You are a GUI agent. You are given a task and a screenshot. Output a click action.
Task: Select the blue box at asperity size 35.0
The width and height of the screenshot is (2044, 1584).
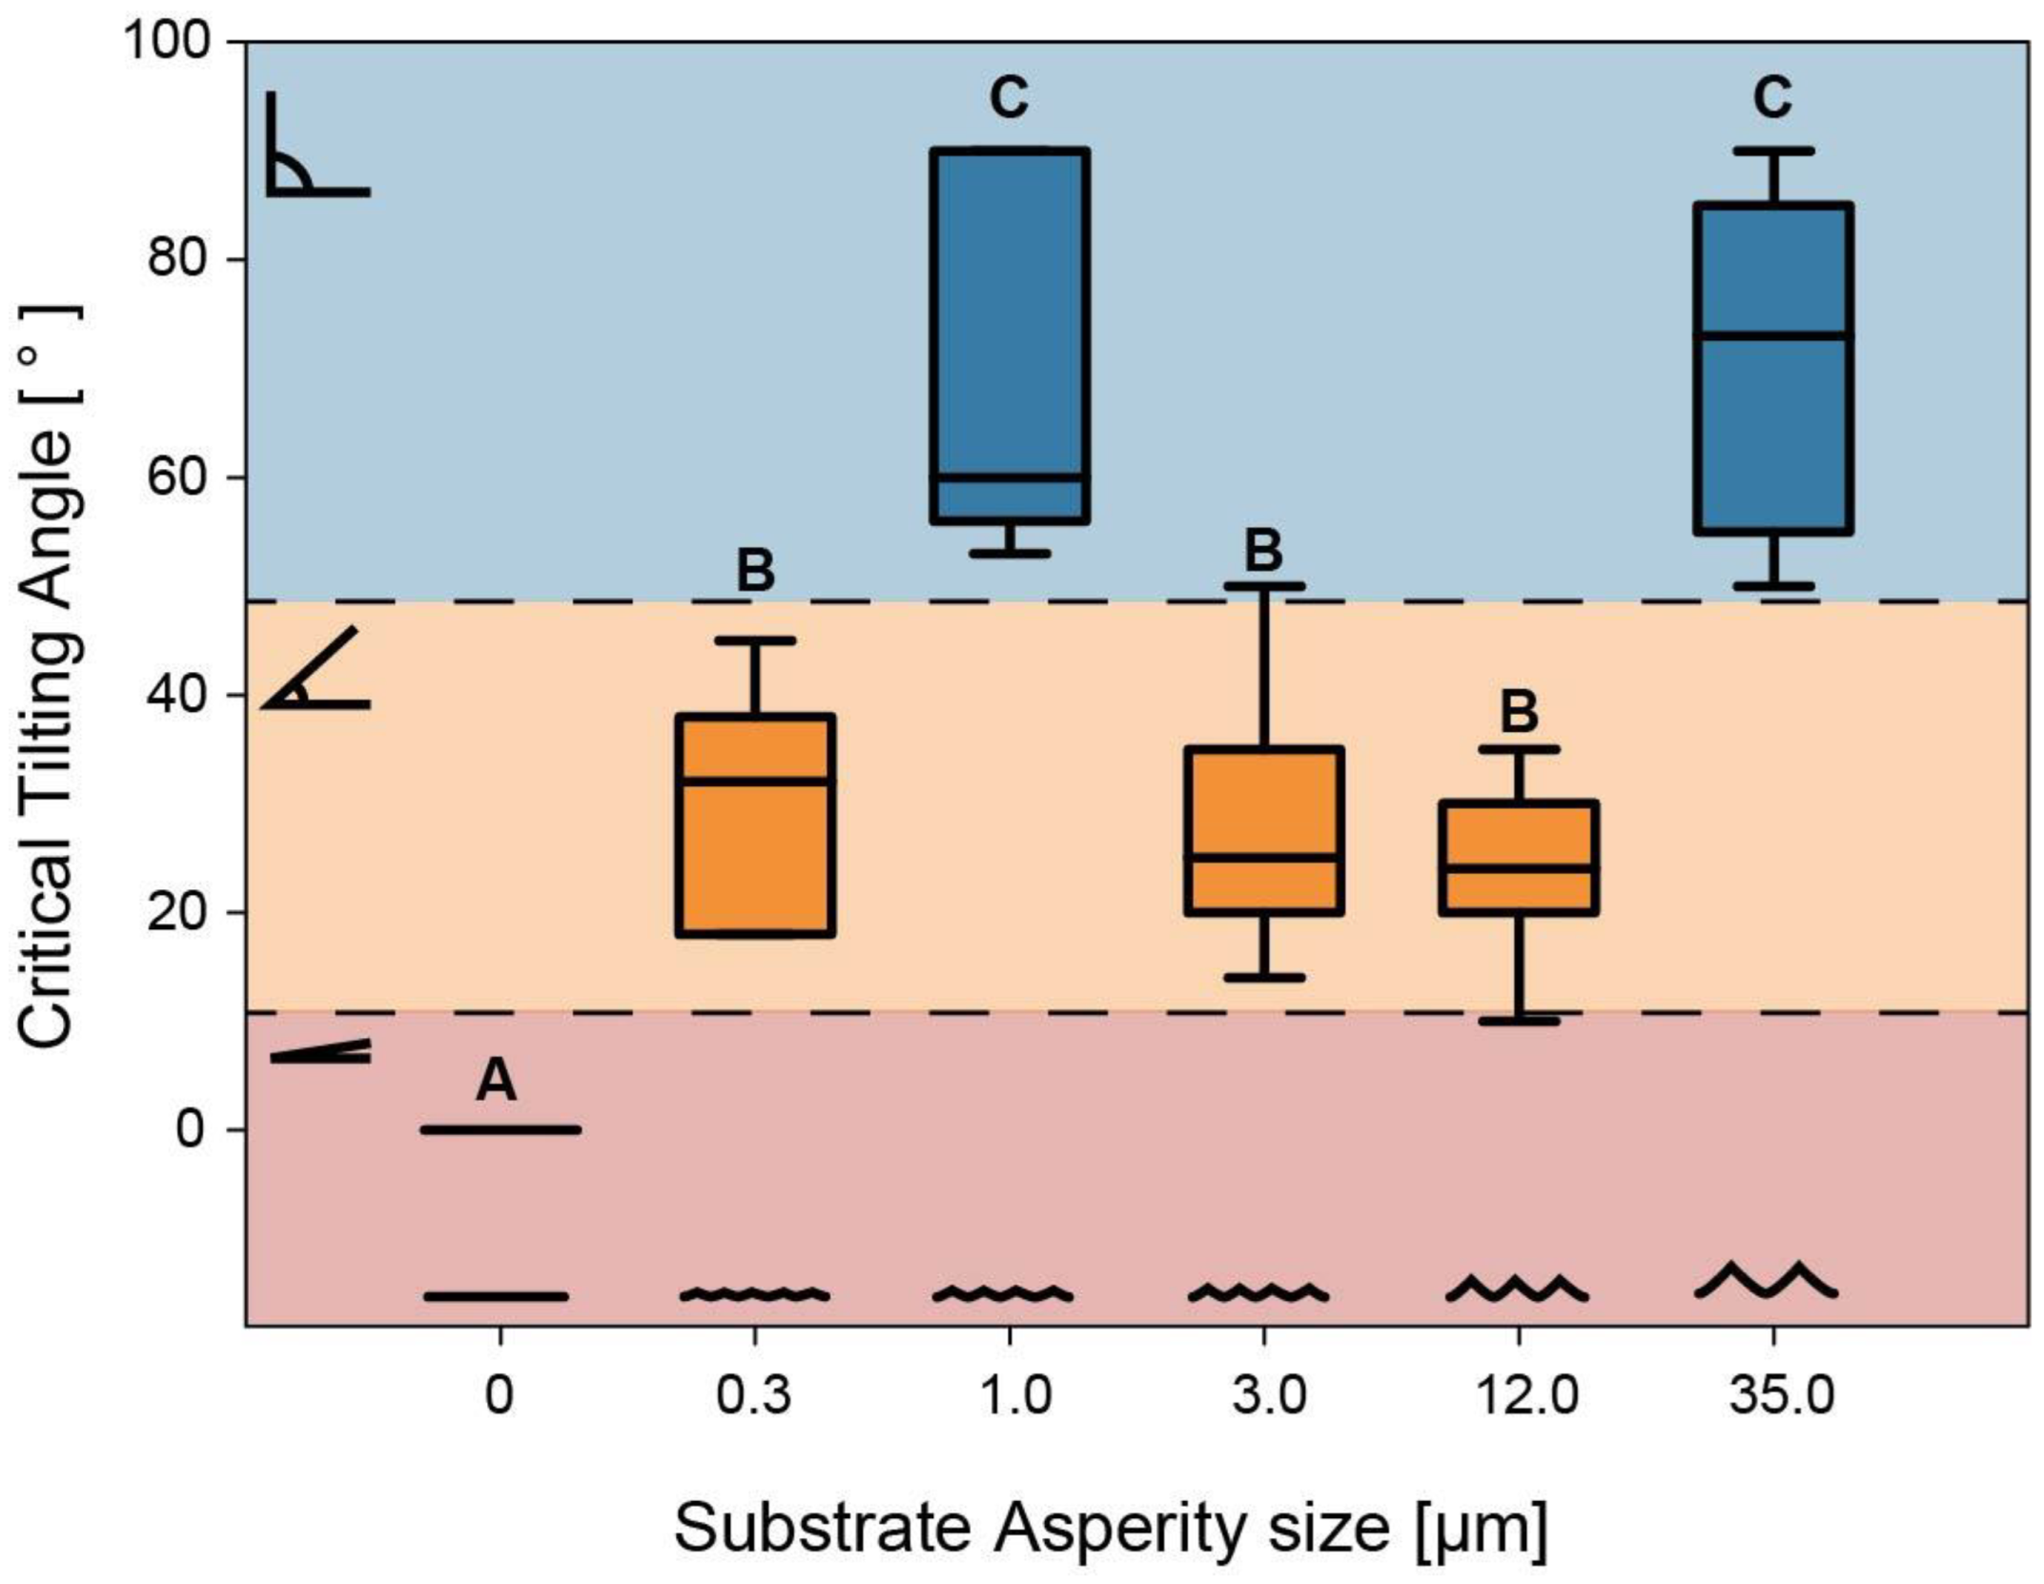tap(1773, 368)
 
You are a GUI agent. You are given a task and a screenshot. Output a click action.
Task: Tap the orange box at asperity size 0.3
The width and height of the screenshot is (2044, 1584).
tap(755, 824)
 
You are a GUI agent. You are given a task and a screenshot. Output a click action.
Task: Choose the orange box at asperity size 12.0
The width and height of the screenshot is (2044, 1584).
tap(1519, 858)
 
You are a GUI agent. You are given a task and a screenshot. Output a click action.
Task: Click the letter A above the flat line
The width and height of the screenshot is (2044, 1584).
tap(496, 1081)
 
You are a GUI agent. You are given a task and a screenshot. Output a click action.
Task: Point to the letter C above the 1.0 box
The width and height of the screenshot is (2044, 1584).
tap(1010, 97)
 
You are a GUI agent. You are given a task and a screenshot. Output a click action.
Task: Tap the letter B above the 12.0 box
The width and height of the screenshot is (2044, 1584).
tap(1519, 711)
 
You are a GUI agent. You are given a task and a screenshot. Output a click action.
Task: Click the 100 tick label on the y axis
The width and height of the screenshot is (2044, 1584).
tap(168, 43)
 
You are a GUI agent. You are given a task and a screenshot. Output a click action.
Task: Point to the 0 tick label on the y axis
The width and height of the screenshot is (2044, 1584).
tap(191, 1129)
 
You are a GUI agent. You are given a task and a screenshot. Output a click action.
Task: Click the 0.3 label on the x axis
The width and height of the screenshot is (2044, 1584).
tap(754, 1396)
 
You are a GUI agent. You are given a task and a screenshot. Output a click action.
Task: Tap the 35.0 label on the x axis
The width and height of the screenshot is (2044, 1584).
tap(1773, 1396)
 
